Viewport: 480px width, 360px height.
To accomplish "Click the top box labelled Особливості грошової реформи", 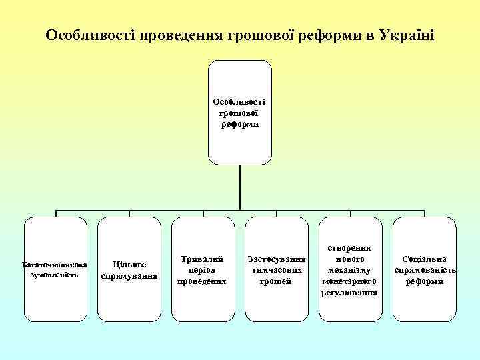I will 240,113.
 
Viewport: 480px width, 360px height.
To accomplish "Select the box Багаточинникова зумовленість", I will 55,269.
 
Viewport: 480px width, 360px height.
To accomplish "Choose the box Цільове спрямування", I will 129,269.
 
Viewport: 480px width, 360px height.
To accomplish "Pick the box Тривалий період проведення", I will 203,269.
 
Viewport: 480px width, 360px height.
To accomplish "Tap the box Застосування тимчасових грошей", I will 277,269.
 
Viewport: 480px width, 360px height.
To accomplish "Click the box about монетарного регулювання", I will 351,269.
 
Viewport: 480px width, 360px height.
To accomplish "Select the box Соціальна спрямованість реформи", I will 425,269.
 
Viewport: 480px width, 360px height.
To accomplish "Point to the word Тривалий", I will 203,259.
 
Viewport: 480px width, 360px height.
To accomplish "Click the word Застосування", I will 277,259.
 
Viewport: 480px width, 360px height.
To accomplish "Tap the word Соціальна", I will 425,259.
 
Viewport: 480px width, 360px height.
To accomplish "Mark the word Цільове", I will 129,264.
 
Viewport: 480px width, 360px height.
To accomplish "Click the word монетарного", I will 351,281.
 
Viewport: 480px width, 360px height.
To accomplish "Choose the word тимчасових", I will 277,270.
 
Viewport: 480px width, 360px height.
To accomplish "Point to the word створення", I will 351,247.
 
